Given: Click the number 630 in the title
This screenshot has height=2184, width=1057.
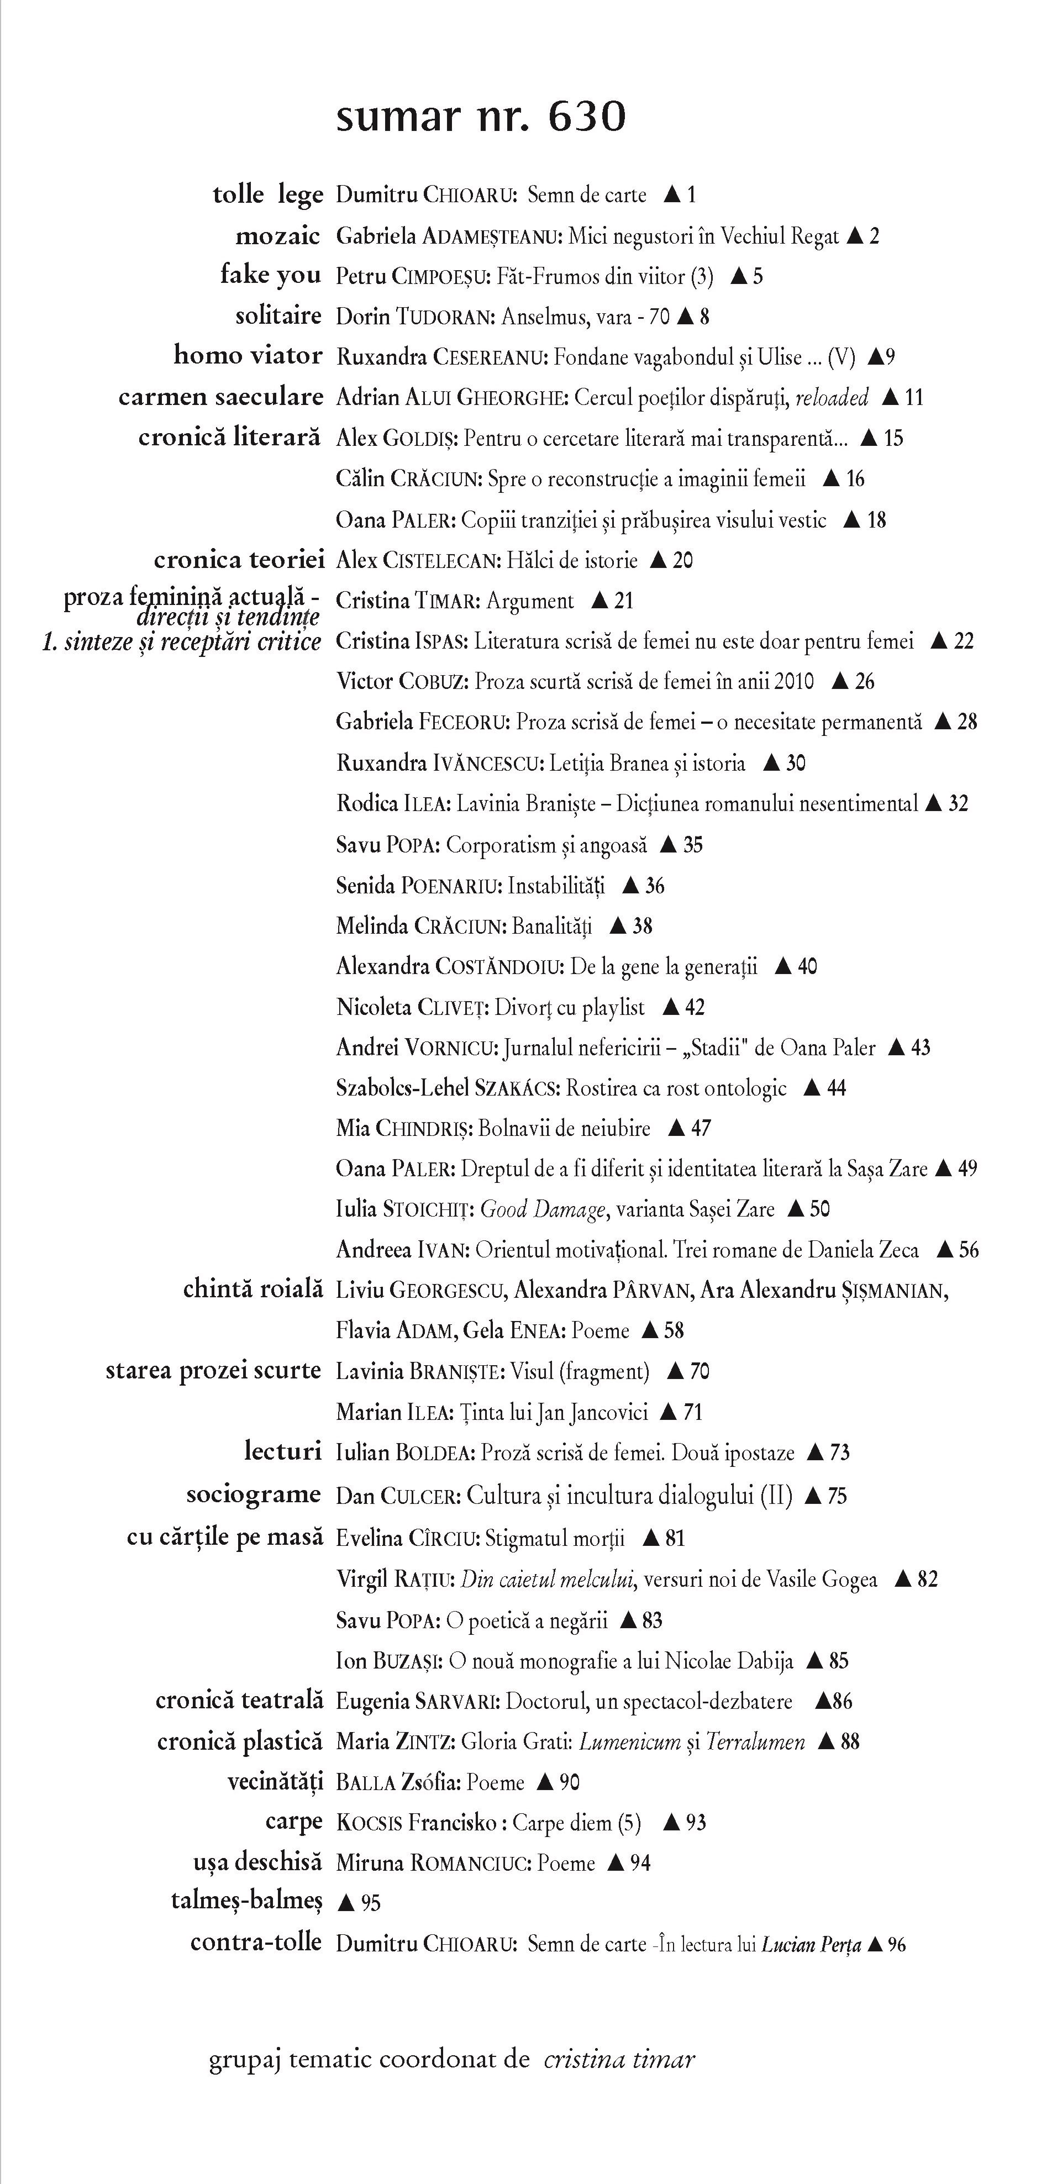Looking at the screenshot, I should pyautogui.click(x=587, y=117).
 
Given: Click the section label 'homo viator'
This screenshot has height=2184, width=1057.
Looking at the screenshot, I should pyautogui.click(x=248, y=355).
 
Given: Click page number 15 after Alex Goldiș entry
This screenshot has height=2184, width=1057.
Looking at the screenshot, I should pyautogui.click(x=893, y=438).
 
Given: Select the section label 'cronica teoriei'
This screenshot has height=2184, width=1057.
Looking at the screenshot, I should pyautogui.click(x=239, y=560).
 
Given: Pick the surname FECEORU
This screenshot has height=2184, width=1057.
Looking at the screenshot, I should pyautogui.click(x=465, y=722).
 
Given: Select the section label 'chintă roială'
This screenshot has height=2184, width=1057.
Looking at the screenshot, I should pyautogui.click(x=253, y=1290).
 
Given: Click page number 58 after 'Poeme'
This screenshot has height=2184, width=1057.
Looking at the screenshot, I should pyautogui.click(x=674, y=1330).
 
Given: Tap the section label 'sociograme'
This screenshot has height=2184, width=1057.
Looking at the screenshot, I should pyautogui.click(x=254, y=1494).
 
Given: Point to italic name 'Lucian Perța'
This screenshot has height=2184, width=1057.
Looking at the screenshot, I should pyautogui.click(x=811, y=1945).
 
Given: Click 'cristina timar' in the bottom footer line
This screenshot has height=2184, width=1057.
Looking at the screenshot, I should pyautogui.click(x=619, y=2059).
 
